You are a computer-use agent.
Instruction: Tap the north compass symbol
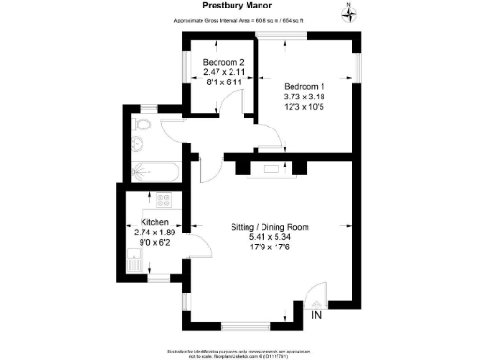349,11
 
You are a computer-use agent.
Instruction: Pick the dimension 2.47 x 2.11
223,71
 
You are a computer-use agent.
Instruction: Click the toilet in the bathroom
142,124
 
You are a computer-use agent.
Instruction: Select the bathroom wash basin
137,145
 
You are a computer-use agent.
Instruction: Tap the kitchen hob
164,200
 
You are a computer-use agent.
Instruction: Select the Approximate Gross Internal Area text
240,20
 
